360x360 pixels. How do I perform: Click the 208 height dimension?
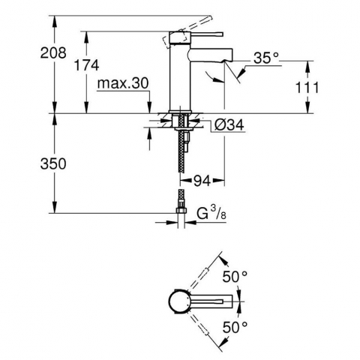coord(53,53)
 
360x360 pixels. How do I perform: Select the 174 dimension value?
coord(86,65)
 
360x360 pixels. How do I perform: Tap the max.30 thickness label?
coord(123,83)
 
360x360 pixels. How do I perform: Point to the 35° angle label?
coord(266,58)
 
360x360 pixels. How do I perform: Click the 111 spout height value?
coord(307,88)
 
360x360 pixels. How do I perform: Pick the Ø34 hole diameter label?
coord(229,124)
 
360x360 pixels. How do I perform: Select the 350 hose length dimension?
coord(53,163)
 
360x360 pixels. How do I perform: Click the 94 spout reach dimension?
coord(202,181)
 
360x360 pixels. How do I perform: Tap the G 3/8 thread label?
coord(211,213)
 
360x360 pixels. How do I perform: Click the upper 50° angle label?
coord(235,277)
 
